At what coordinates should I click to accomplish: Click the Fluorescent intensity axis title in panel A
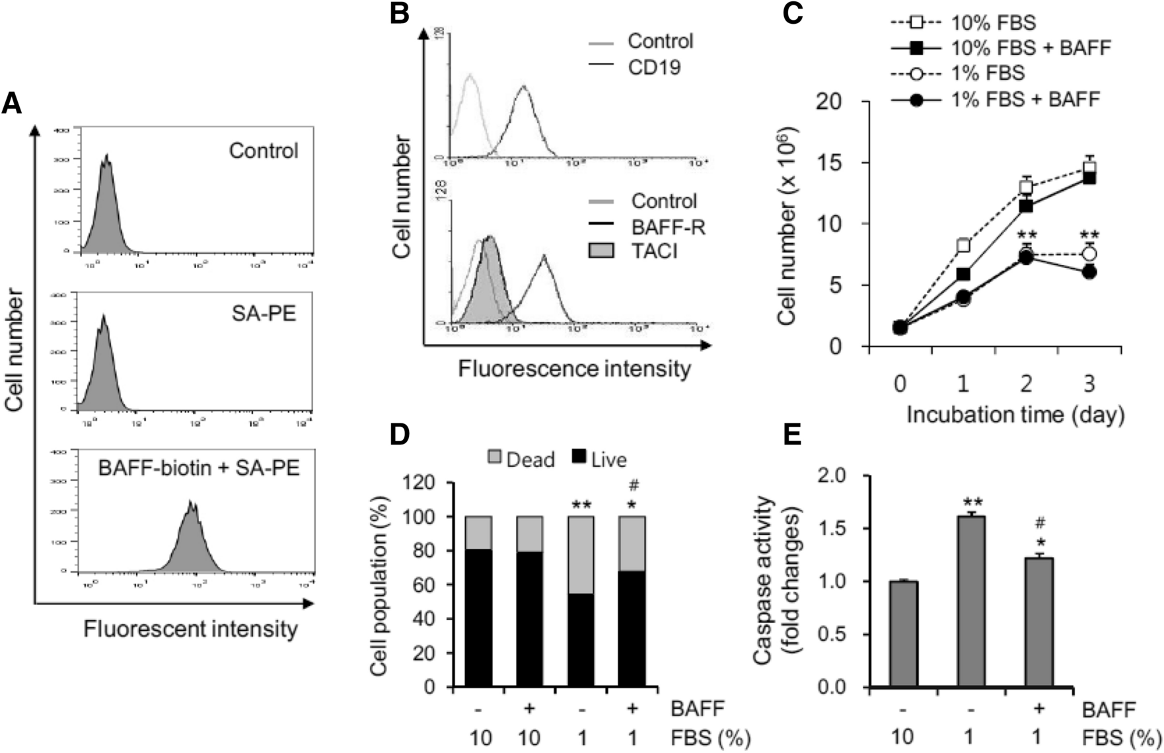[190, 629]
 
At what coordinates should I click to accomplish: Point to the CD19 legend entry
[654, 67]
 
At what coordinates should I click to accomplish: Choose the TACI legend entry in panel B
[654, 251]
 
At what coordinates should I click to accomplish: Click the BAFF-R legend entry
[668, 227]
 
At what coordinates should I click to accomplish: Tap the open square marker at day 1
[963, 246]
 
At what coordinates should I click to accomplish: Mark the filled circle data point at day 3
[1089, 272]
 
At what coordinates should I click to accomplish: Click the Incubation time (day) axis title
[1015, 415]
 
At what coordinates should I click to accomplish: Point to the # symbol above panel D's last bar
[634, 486]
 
